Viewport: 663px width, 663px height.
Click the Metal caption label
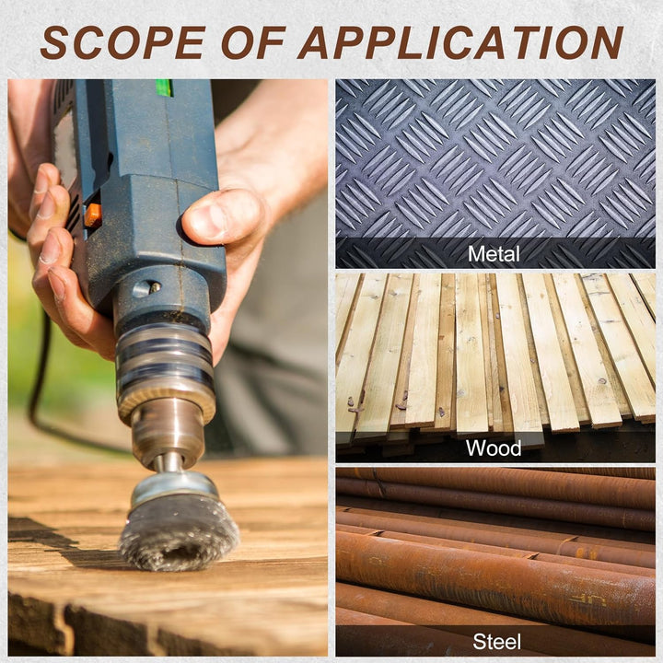(x=494, y=254)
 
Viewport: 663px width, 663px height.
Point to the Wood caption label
(x=494, y=448)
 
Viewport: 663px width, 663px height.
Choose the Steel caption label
(x=496, y=642)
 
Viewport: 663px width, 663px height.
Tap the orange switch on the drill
(x=93, y=215)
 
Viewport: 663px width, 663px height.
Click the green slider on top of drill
(x=164, y=87)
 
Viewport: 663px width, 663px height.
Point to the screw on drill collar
(x=156, y=287)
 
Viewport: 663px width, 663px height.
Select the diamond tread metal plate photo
(x=495, y=174)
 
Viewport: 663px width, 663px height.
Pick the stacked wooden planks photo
(x=495, y=367)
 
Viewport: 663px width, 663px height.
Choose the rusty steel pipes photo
(x=495, y=562)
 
